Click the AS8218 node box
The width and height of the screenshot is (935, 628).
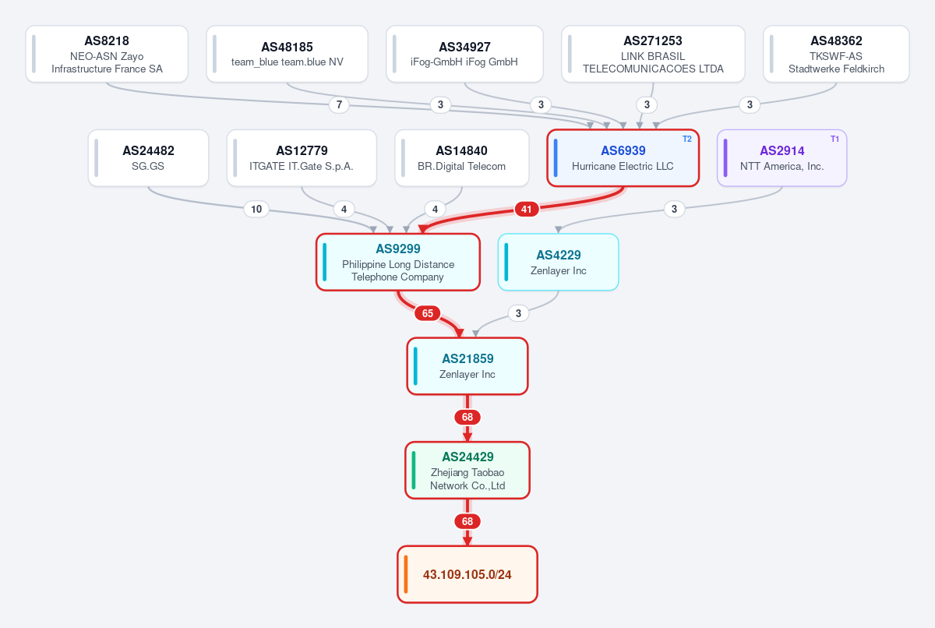[107, 54]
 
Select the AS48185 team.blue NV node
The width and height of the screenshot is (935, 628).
[288, 54]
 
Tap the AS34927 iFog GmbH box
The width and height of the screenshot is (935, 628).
[464, 54]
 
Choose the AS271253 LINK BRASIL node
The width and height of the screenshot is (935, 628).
[653, 54]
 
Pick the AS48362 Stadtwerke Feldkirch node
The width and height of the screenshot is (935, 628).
[837, 54]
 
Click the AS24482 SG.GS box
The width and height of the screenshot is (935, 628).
[148, 157]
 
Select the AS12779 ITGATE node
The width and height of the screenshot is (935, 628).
[302, 157]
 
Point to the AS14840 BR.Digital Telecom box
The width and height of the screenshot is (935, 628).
[462, 157]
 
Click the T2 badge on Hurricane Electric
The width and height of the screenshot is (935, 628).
[687, 139]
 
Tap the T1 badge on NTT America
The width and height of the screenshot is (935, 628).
[834, 139]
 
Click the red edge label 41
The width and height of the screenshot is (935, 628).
[527, 209]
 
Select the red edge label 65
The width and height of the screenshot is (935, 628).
[428, 313]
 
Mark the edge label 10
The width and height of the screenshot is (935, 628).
[256, 209]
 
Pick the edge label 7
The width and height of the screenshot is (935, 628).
[340, 104]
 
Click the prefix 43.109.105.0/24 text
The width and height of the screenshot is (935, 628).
[467, 574]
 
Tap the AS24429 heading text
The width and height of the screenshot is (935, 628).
[467, 457]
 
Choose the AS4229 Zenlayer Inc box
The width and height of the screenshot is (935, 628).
[559, 262]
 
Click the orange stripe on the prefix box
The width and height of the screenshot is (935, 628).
[406, 574]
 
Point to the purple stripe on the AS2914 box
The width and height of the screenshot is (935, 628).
[725, 157]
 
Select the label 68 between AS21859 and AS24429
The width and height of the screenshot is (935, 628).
[467, 417]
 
